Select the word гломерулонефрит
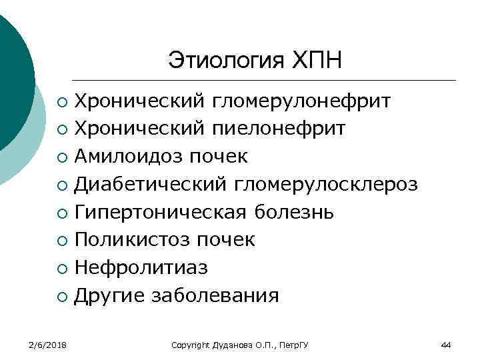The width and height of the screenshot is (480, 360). (301, 102)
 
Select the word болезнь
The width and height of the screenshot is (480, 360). (295, 213)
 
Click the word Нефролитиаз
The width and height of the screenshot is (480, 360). (141, 268)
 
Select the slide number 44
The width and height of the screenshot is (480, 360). (446, 345)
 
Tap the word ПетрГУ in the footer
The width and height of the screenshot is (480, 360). (301, 345)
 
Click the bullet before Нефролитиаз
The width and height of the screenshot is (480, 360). (61, 269)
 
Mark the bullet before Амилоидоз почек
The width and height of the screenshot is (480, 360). (61, 158)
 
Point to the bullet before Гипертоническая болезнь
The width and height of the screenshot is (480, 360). (61, 214)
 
